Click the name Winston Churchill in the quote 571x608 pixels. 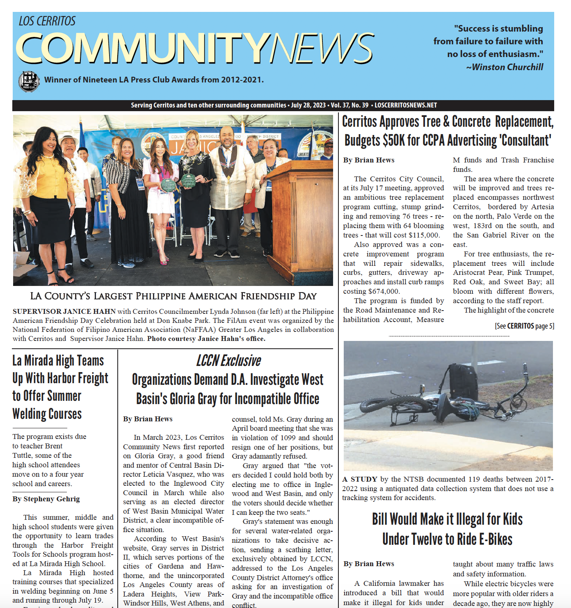tap(507, 67)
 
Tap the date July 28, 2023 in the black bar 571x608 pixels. tap(308, 105)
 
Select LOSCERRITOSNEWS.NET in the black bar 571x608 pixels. tap(406, 105)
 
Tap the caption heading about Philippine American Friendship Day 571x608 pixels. tap(173, 296)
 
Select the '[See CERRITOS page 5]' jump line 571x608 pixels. tap(524, 326)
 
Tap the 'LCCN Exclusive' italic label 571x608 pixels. tap(228, 361)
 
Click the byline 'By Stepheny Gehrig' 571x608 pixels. tap(46, 499)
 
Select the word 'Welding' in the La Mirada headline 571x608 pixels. tap(32, 414)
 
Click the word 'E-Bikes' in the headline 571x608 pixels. tap(495, 539)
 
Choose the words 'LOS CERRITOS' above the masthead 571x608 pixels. tap(47, 21)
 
